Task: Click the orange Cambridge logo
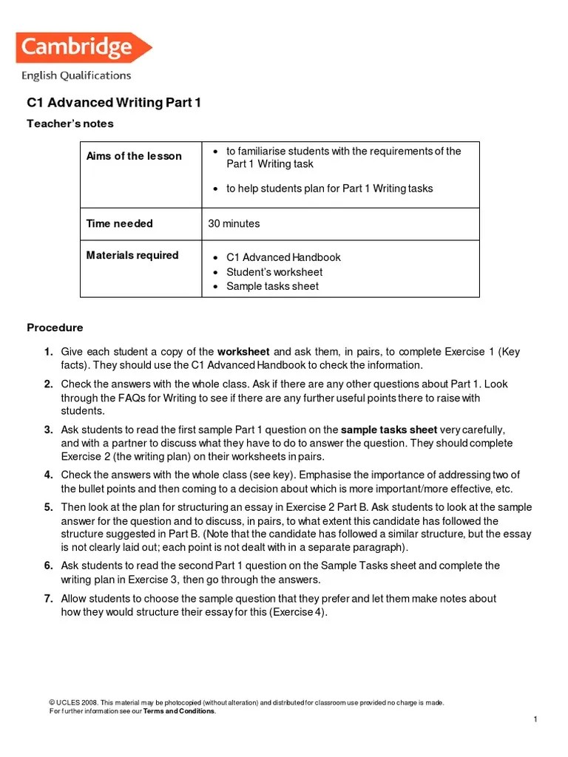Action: tap(82, 48)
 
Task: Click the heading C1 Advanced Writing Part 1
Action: tap(114, 103)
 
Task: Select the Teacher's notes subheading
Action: tap(70, 123)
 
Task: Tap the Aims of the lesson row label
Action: tap(134, 156)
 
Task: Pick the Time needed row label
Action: tap(120, 223)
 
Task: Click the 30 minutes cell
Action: tap(234, 223)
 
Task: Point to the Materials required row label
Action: tap(132, 255)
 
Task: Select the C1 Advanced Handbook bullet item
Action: tap(283, 257)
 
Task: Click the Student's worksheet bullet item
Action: tap(274, 271)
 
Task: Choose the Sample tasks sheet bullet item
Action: tap(272, 286)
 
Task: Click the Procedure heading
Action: tap(55, 327)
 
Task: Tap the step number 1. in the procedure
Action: tap(48, 351)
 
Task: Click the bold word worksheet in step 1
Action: tap(243, 351)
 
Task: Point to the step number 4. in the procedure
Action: tap(48, 475)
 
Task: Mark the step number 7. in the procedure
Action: tap(48, 598)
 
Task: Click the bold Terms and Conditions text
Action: tap(180, 711)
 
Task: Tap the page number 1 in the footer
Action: tap(534, 719)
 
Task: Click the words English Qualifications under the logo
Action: tap(76, 75)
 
